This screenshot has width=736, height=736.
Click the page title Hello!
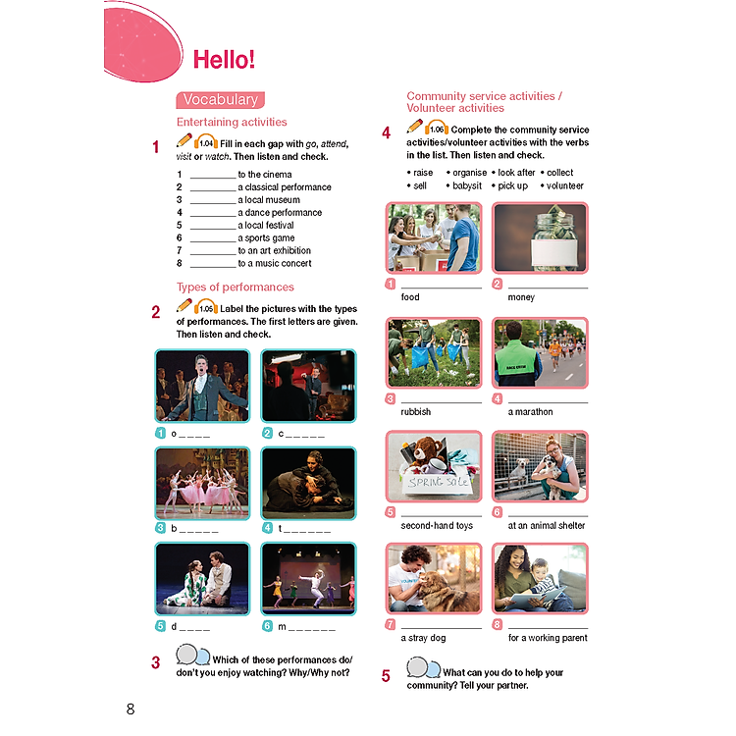[224, 59]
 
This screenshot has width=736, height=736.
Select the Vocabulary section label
[220, 99]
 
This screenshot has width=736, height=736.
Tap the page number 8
[131, 709]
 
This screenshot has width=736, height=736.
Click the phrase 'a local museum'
[266, 199]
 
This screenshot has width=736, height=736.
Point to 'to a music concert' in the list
[274, 263]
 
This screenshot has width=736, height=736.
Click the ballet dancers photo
[202, 483]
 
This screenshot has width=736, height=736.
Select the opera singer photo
[202, 386]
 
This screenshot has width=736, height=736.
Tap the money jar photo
[540, 237]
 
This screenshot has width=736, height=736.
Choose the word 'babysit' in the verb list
[467, 185]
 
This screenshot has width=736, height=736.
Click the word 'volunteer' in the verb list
[564, 185]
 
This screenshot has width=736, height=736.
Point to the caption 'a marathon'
[530, 412]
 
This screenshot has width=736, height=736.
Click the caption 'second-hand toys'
[437, 526]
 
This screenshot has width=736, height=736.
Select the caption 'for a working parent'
[548, 638]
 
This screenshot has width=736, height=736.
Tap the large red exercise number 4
[387, 132]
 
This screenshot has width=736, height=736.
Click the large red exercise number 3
[156, 663]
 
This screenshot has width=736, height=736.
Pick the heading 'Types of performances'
[235, 288]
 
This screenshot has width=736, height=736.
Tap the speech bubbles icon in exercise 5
[424, 668]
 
